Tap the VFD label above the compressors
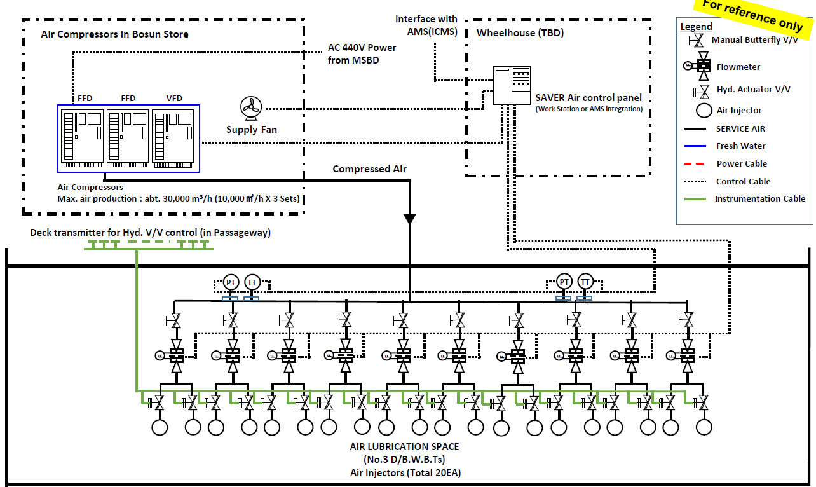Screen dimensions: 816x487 (x=174, y=99)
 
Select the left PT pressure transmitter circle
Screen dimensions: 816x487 (x=231, y=282)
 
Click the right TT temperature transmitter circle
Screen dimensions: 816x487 (x=585, y=282)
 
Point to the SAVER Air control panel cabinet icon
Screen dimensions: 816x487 (x=512, y=85)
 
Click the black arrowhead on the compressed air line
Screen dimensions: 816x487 (x=409, y=218)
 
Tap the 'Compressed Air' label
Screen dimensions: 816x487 (x=369, y=168)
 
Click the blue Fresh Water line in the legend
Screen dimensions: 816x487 (x=695, y=146)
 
